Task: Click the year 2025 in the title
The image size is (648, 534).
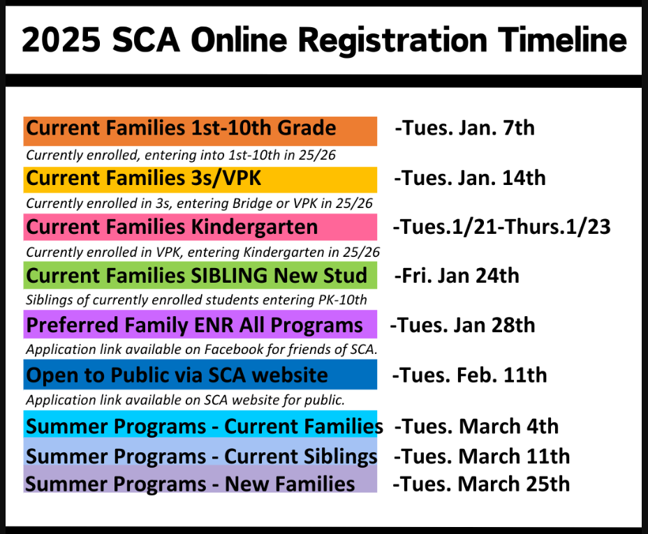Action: point(61,40)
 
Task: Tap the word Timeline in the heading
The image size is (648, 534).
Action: point(562,40)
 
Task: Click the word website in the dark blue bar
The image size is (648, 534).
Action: point(290,376)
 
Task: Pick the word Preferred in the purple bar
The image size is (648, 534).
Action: point(73,325)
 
